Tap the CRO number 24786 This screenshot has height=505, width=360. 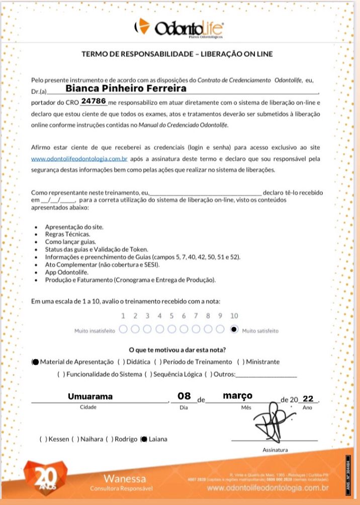pyautogui.click(x=94, y=101)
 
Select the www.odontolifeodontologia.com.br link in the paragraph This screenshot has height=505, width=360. pyautogui.click(x=79, y=159)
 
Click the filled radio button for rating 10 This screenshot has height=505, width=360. pyautogui.click(x=234, y=330)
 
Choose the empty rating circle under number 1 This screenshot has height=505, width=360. pyautogui.click(x=123, y=330)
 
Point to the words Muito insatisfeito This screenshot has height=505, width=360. pyautogui.click(x=95, y=331)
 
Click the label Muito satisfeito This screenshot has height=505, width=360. pyautogui.click(x=260, y=331)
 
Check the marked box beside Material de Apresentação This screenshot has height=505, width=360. pyautogui.click(x=35, y=362)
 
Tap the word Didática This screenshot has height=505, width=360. pyautogui.click(x=138, y=362)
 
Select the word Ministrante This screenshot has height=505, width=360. pyautogui.click(x=262, y=362)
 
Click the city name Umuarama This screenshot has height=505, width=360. pyautogui.click(x=91, y=396)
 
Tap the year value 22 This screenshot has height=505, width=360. pyautogui.click(x=308, y=398)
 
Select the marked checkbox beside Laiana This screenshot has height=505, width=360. pyautogui.click(x=144, y=439)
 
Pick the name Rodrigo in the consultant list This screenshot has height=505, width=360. pyautogui.click(x=126, y=439)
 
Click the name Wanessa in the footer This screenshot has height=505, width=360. pyautogui.click(x=125, y=478)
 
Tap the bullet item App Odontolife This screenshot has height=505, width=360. pyautogui.click(x=67, y=272)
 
